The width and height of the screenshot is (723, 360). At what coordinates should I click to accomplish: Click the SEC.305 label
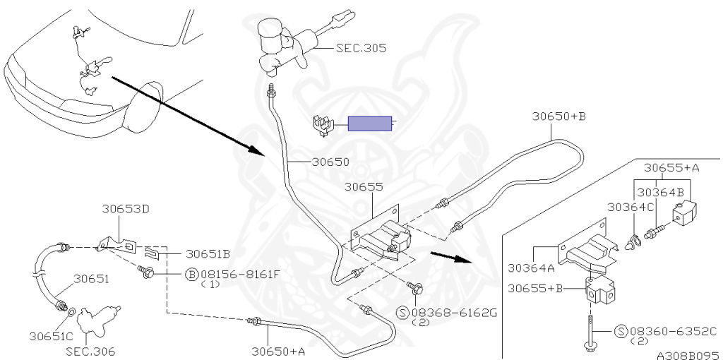(x=361, y=48)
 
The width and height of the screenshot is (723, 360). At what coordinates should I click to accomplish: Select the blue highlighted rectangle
(x=370, y=124)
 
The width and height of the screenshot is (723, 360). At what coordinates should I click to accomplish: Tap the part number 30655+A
(x=672, y=168)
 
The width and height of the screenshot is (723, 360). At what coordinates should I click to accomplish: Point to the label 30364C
(x=631, y=207)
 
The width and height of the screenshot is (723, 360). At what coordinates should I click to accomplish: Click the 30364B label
(x=660, y=191)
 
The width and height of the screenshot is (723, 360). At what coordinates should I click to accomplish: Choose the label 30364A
(x=531, y=268)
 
